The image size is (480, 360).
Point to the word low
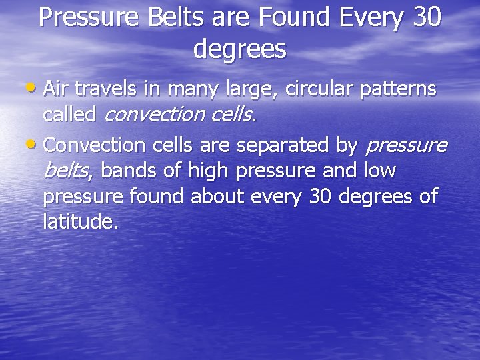pos(379,171)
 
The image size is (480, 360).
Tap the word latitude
pos(80,221)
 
